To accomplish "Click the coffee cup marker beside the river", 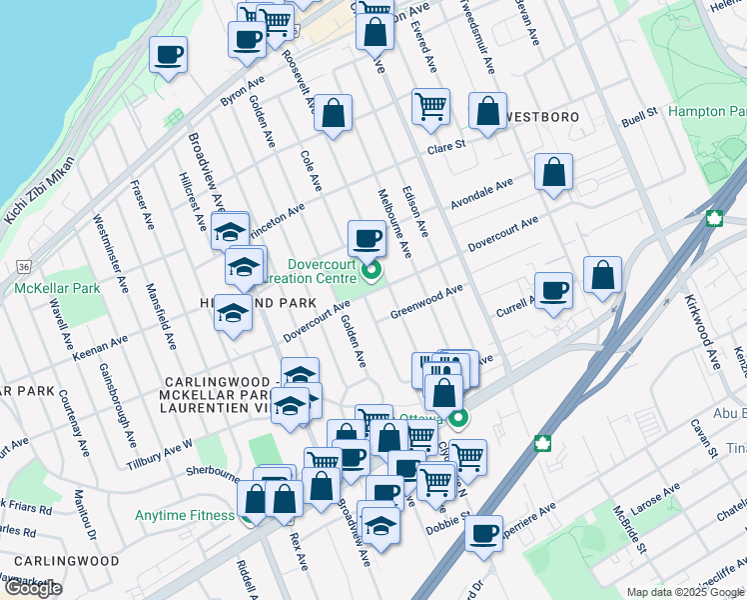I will pyautogui.click(x=169, y=54).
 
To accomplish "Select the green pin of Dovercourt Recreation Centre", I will pyautogui.click(x=372, y=270).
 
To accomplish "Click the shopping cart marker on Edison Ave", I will pyautogui.click(x=430, y=105).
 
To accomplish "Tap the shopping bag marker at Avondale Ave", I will pyautogui.click(x=552, y=172).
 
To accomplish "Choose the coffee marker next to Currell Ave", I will pyautogui.click(x=553, y=291).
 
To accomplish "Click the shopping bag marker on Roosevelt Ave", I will pyautogui.click(x=334, y=113).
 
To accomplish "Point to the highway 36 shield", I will pyautogui.click(x=22, y=267).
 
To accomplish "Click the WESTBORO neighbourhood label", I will pyautogui.click(x=543, y=117).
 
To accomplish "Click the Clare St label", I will pyautogui.click(x=446, y=145).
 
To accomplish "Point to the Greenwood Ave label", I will pyautogui.click(x=427, y=298).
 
